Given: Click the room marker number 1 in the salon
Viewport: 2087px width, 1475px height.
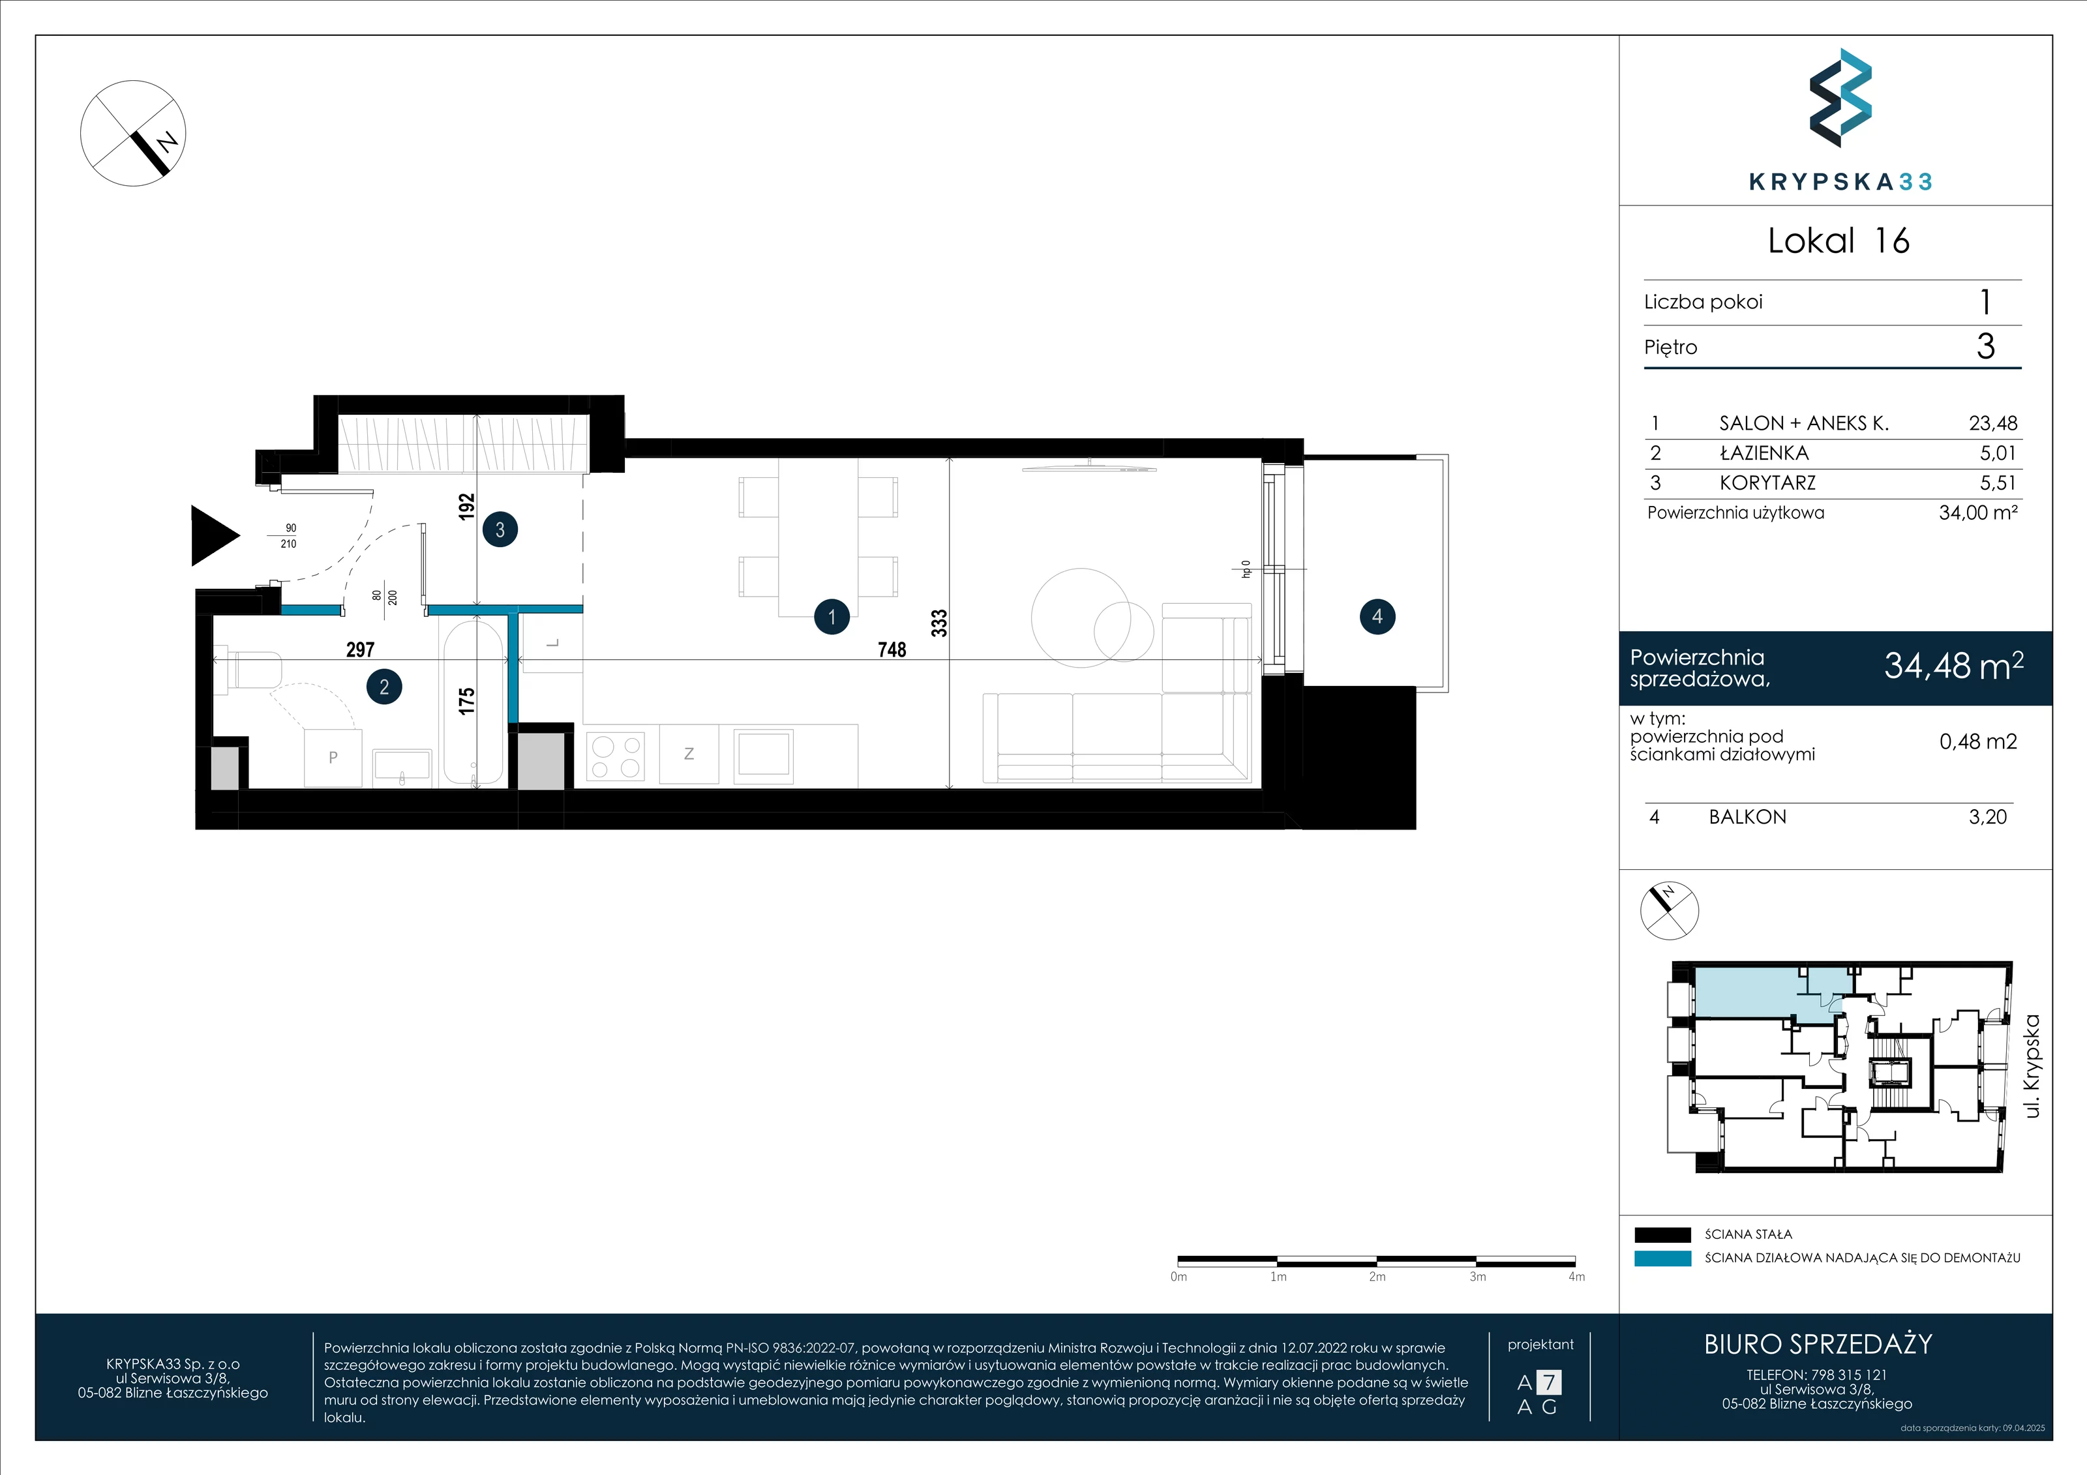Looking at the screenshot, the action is pyautogui.click(x=832, y=617).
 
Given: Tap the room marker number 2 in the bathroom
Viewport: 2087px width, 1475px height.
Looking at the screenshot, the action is pyautogui.click(x=383, y=687).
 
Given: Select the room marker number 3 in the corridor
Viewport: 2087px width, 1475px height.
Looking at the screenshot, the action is pyautogui.click(x=500, y=530).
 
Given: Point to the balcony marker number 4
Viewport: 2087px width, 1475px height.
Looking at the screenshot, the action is pyautogui.click(x=1377, y=617).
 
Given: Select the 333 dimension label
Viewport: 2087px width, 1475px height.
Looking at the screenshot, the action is pyautogui.click(x=939, y=623).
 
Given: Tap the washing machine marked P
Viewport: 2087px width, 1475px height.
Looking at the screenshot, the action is pyautogui.click(x=333, y=757).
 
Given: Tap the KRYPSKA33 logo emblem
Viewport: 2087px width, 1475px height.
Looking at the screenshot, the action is pyautogui.click(x=1840, y=98).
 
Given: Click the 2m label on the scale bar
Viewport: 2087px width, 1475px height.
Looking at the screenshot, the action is pyautogui.click(x=1377, y=1277).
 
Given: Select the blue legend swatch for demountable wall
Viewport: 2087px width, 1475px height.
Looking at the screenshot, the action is pyautogui.click(x=1662, y=1259).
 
